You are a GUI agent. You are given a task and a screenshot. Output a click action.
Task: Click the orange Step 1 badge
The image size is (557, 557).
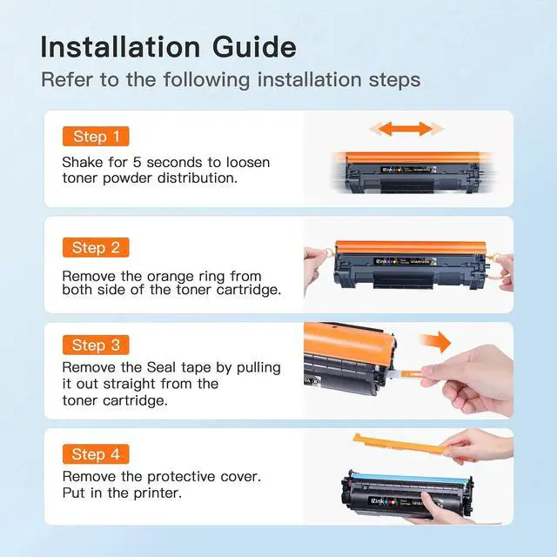pyautogui.click(x=96, y=137)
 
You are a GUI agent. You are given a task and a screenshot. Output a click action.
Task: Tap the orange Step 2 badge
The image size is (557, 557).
pyautogui.click(x=96, y=247)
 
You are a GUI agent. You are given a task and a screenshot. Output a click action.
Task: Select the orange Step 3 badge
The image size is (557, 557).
pyautogui.click(x=96, y=345)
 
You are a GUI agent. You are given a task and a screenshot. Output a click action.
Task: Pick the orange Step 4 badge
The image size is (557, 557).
pyautogui.click(x=96, y=454)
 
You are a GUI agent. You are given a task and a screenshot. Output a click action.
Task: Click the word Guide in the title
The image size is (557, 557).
pyautogui.click(x=254, y=47)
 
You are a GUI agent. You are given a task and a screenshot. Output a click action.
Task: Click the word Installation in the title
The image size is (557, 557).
pyautogui.click(x=120, y=47)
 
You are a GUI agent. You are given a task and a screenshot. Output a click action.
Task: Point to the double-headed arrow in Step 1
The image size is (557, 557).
pyautogui.click(x=406, y=129)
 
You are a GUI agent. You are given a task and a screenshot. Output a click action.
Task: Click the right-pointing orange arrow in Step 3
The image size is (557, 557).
pyautogui.click(x=435, y=342)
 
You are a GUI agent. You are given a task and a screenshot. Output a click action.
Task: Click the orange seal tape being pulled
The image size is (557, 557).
pyautogui.click(x=412, y=374)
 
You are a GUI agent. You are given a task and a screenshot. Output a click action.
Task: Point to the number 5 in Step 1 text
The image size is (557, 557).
pyautogui.click(x=138, y=163)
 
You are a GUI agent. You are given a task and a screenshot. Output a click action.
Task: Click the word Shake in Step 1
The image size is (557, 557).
pyautogui.click(x=84, y=163)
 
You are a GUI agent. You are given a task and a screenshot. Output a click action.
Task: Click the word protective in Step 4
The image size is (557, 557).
pyautogui.click(x=181, y=477)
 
